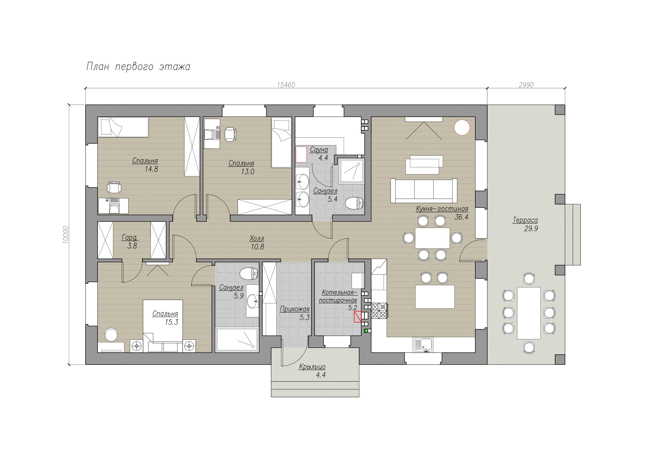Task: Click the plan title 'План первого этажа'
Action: pos(138,67)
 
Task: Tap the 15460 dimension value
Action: pos(286,85)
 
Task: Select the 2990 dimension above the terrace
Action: pos(526,85)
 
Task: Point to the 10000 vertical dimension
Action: pos(66,235)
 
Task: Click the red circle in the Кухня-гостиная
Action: pos(462,127)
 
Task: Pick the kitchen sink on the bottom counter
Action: pos(423,345)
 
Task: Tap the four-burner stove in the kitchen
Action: pos(379,311)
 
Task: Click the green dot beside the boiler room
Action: pos(366,331)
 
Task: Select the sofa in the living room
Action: pos(424,191)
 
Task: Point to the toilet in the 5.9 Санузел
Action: pos(249,274)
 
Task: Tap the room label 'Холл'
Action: pos(257,238)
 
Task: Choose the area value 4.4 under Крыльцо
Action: pos(321,375)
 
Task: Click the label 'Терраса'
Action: pos(525,220)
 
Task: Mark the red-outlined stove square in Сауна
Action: pos(301,155)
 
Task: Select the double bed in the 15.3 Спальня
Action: pos(163,326)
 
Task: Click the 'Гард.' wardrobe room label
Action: pos(130,238)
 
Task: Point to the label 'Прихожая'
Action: pos(294,309)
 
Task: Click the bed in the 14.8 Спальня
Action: pos(123,127)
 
